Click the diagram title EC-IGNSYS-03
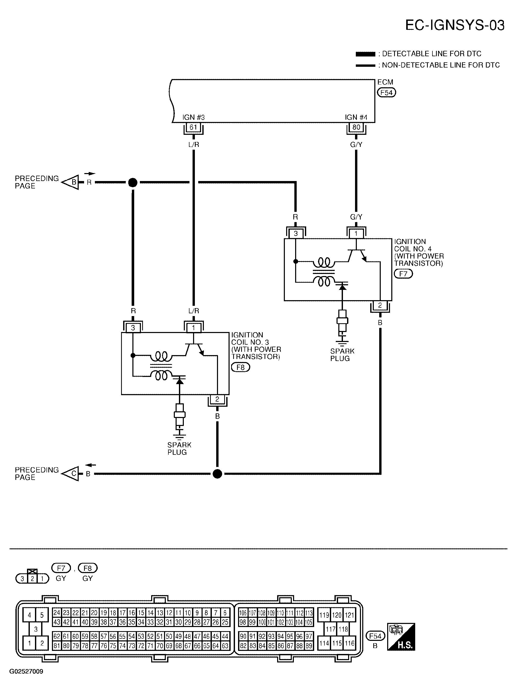[x=455, y=25]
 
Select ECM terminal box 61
[x=193, y=127]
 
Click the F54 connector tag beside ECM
[x=386, y=92]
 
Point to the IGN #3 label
[x=193, y=117]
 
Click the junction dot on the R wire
[x=133, y=182]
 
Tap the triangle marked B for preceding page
[x=71, y=182]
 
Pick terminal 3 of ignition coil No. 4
[x=296, y=233]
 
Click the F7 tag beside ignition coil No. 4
[x=403, y=274]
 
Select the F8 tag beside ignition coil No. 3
[x=240, y=367]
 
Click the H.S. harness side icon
[x=401, y=637]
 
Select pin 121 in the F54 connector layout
[x=349, y=615]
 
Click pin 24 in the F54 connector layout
[x=57, y=613]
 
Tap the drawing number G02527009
[x=26, y=671]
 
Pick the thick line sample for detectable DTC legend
[x=365, y=54]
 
